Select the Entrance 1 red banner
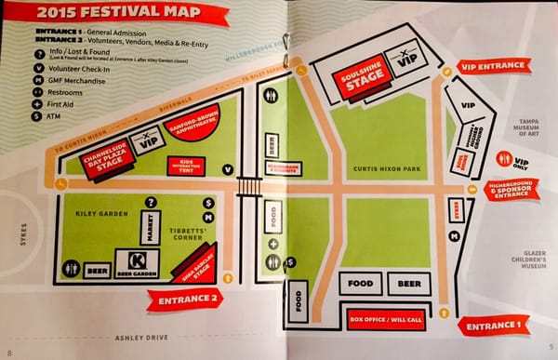(493, 326)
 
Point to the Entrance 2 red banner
(184, 298)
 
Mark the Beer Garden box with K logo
(136, 264)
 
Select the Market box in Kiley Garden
(144, 226)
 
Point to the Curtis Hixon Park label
(380, 169)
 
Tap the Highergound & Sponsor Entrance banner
(511, 191)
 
